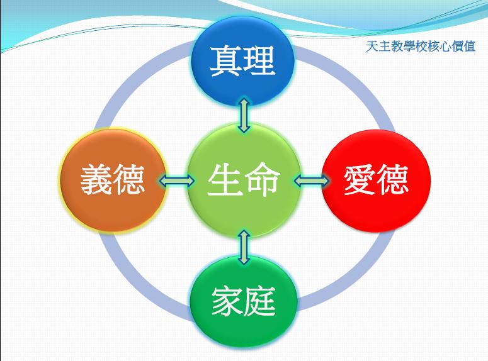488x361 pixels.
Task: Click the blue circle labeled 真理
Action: coord(243,61)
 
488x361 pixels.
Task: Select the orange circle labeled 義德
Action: coord(113,181)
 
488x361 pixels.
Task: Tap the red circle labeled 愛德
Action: coord(376,181)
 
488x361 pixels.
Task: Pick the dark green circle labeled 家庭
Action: coord(244,301)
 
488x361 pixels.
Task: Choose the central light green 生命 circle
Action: coord(244,181)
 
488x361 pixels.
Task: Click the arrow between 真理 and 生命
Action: coord(244,115)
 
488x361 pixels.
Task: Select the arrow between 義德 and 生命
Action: coord(176,181)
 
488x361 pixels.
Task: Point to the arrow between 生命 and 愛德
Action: coord(311,181)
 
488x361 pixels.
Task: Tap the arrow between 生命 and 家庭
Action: coord(244,247)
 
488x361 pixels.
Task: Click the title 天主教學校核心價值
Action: coord(421,47)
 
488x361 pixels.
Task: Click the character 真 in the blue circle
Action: coord(226,61)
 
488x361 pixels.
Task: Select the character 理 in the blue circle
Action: coord(259,61)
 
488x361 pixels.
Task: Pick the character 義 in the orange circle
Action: coord(96,180)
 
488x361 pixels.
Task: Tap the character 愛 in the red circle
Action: coord(360,180)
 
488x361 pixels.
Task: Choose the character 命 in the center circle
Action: coord(262,180)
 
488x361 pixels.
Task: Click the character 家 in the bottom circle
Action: coord(227,301)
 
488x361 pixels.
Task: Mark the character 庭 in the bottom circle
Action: coord(259,301)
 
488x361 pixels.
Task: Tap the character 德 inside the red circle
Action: coord(392,180)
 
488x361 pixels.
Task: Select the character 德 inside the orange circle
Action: coord(129,180)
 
